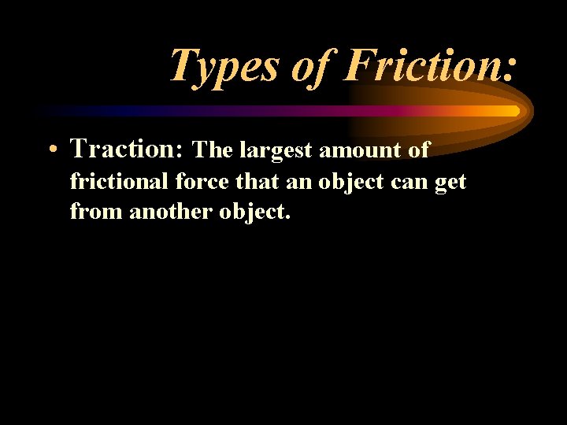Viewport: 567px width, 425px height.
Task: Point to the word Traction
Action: (126, 148)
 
